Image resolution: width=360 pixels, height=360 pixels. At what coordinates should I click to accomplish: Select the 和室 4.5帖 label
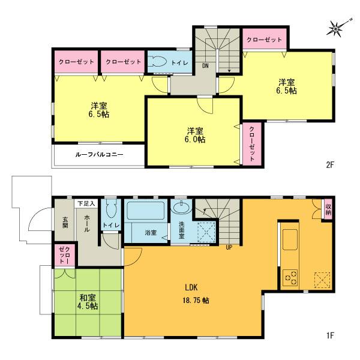[x=88, y=300]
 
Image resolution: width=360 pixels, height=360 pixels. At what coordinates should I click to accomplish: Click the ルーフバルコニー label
[x=99, y=154]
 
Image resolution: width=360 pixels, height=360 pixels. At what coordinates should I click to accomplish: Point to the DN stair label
[x=205, y=65]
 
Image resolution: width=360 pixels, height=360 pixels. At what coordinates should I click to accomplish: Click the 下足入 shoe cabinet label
[x=89, y=204]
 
